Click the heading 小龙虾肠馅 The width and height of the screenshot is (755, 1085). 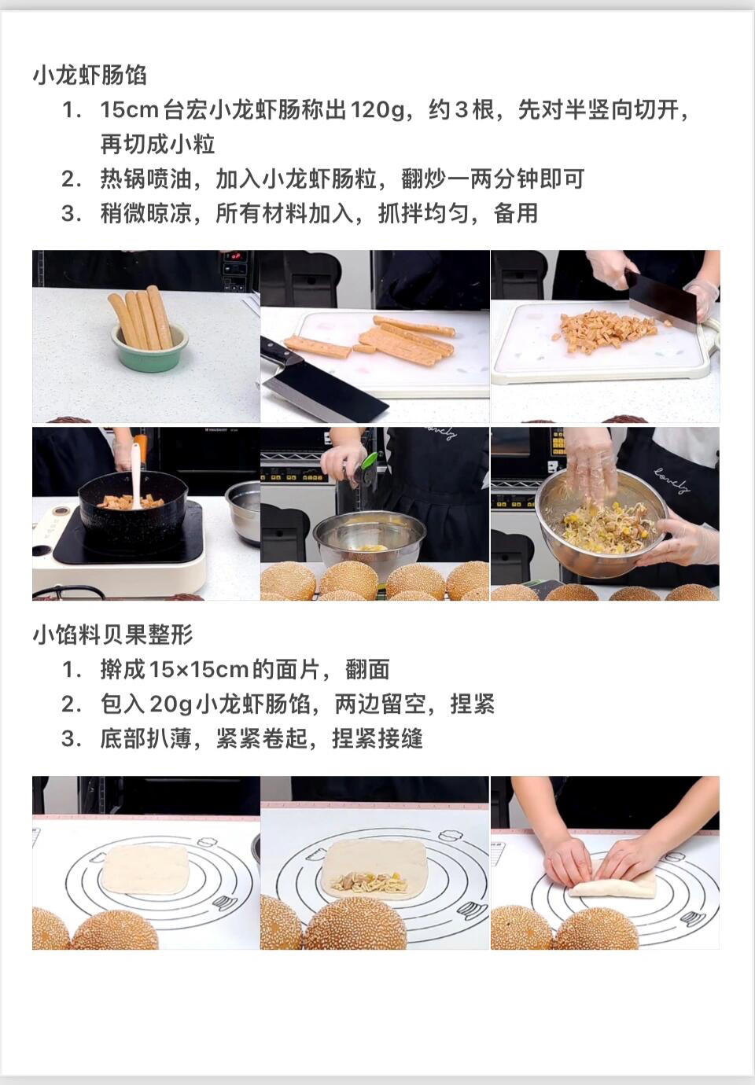point(90,75)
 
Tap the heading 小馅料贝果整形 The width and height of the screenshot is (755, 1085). point(113,634)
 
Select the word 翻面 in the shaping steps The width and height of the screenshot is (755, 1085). point(367,669)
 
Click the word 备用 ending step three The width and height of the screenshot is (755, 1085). point(516,213)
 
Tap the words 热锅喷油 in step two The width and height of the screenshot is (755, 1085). point(145,178)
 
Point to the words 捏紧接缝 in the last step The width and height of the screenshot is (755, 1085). point(377,739)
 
